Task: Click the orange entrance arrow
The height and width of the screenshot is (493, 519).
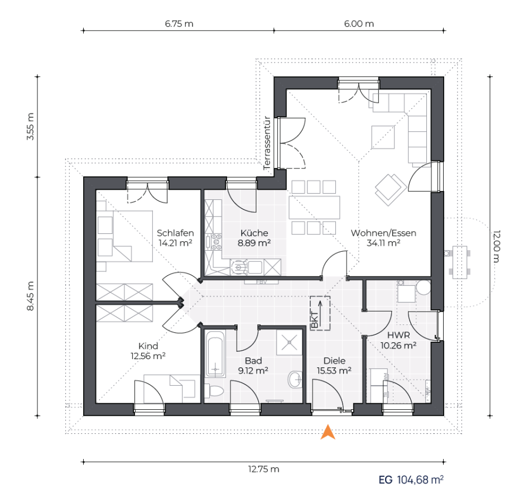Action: click(328, 432)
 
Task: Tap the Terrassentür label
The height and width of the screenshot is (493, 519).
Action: click(267, 143)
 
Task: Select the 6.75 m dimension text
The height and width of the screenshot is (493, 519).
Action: click(179, 24)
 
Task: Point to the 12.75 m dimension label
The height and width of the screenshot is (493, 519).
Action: click(264, 469)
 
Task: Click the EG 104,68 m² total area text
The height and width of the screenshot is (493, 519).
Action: click(411, 480)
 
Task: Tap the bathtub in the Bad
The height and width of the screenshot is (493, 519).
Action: click(215, 353)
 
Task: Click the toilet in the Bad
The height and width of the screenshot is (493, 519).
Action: click(214, 391)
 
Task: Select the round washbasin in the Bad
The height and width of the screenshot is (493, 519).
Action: click(295, 379)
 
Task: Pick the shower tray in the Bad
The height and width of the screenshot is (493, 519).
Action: click(289, 342)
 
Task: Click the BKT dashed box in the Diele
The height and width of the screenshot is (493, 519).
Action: click(320, 313)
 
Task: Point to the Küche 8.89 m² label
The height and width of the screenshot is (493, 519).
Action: click(254, 238)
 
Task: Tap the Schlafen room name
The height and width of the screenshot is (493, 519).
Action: click(175, 233)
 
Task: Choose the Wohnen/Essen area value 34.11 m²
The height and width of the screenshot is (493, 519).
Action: click(383, 243)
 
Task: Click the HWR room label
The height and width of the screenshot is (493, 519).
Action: click(398, 335)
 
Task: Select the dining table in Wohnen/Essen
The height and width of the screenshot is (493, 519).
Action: click(314, 208)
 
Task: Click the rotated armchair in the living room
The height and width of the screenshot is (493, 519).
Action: click(391, 190)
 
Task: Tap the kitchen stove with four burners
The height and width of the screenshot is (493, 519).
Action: click(216, 242)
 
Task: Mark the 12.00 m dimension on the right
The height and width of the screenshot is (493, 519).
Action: click(497, 246)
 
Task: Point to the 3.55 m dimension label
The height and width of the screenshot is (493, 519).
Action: click(30, 127)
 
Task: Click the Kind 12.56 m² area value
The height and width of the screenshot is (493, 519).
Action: click(148, 356)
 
